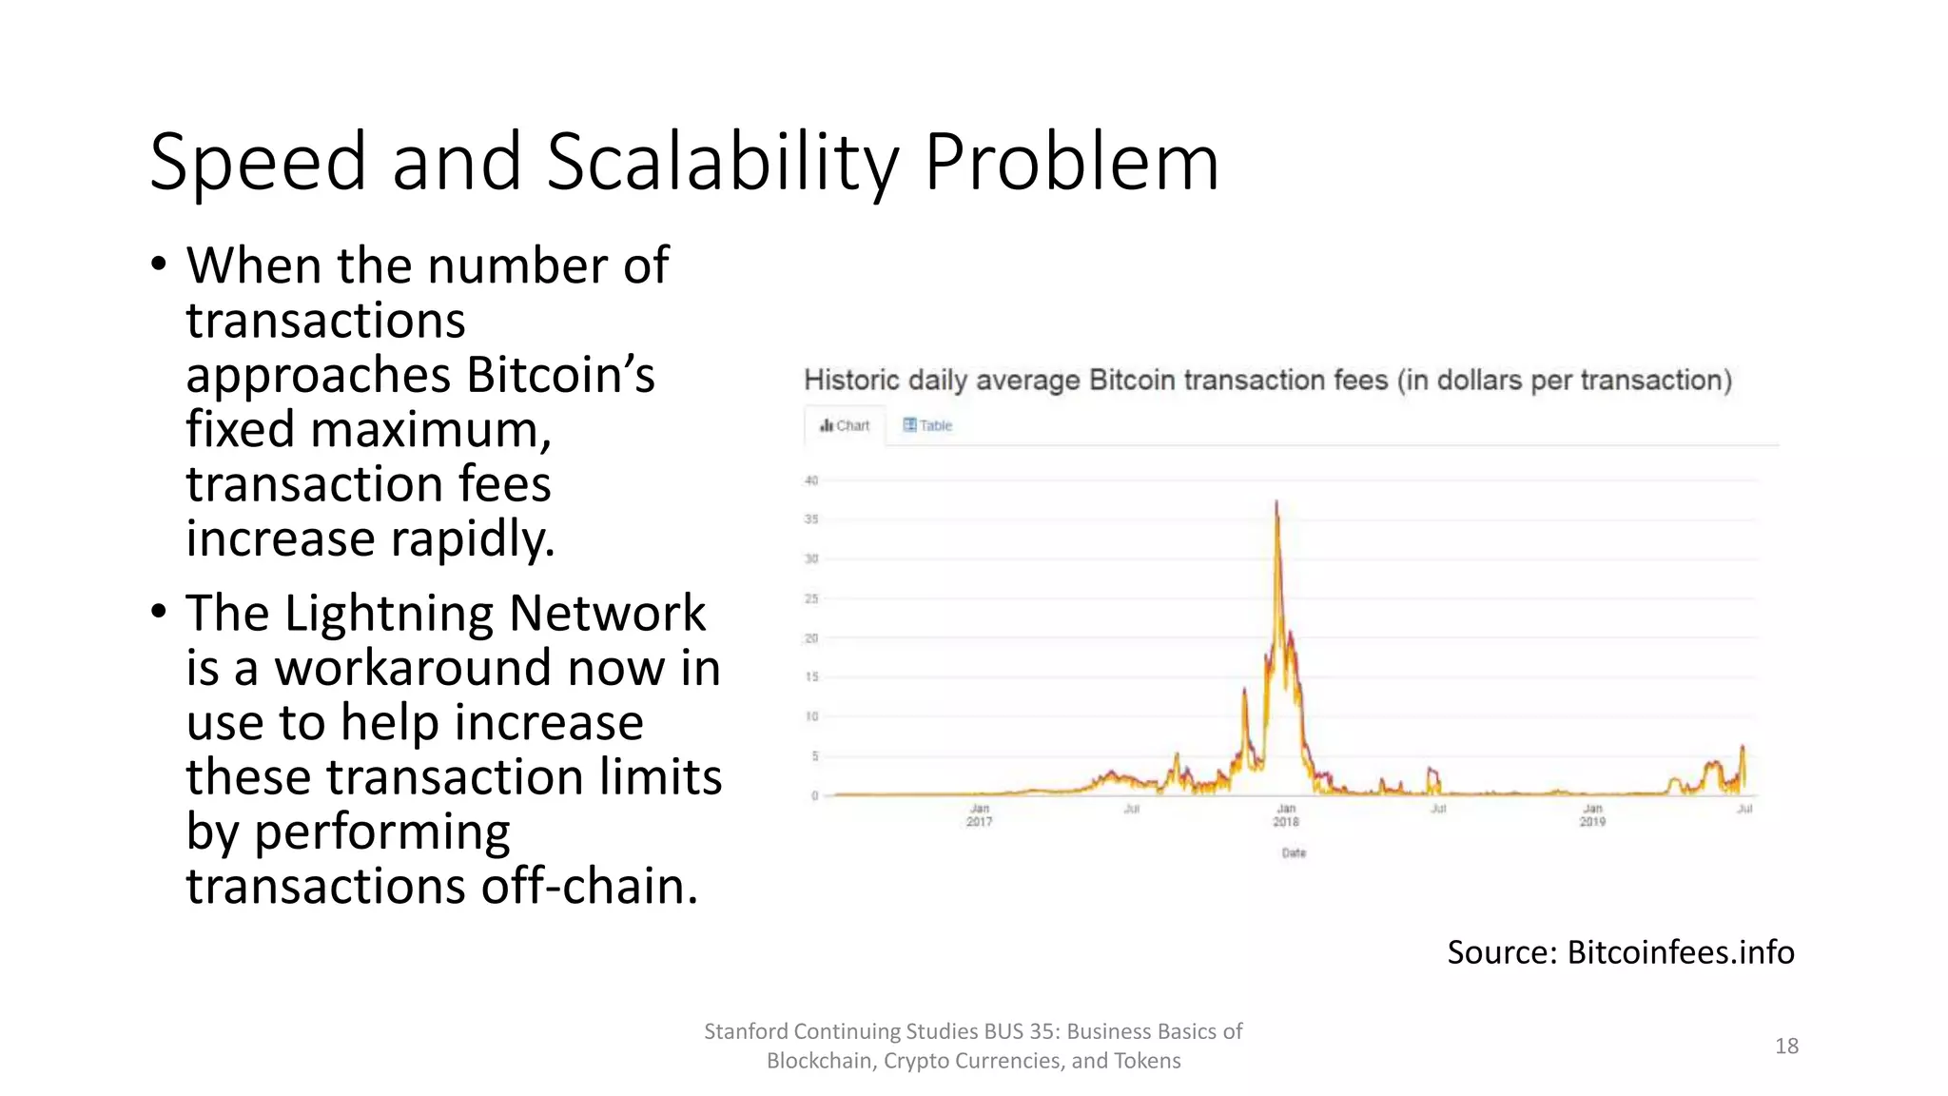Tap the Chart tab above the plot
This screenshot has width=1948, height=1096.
click(x=845, y=425)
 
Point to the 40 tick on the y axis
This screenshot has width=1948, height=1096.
click(x=811, y=480)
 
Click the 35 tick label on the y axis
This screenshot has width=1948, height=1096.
click(x=811, y=519)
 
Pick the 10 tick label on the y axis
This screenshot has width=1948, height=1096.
click(x=811, y=716)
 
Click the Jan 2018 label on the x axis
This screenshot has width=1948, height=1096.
click(x=1286, y=815)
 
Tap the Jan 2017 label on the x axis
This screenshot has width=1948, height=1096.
click(x=980, y=815)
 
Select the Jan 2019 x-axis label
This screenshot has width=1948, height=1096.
click(x=1593, y=815)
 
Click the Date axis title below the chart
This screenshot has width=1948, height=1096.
click(x=1294, y=853)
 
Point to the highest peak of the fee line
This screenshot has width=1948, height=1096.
click(x=1276, y=503)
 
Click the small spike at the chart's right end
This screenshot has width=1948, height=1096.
click(x=1743, y=749)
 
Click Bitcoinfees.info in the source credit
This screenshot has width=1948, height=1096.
click(x=1680, y=952)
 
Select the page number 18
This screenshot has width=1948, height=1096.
click(x=1786, y=1047)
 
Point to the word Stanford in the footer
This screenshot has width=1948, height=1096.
click(x=746, y=1031)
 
